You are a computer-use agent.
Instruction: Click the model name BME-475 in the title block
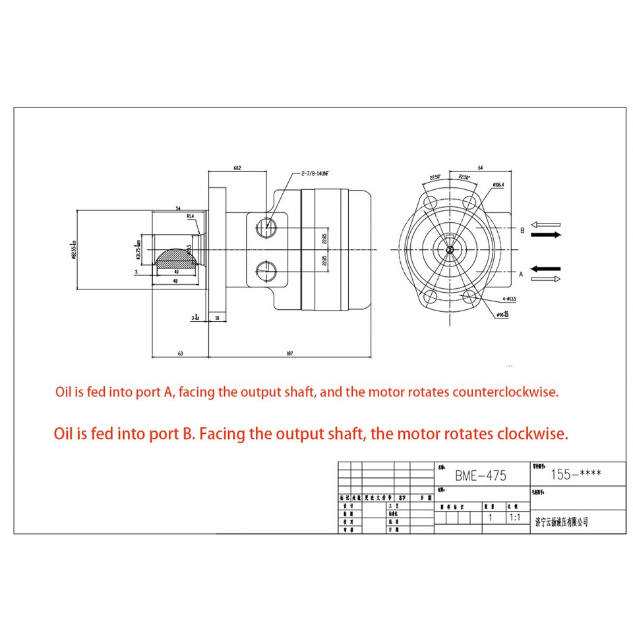[x=481, y=475]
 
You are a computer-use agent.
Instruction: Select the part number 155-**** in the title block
[x=575, y=473]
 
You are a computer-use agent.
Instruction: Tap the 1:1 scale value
[x=515, y=518]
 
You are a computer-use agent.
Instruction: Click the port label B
[x=522, y=230]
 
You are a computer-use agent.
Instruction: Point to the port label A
[x=522, y=273]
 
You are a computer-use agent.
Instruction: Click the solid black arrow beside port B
[x=546, y=235]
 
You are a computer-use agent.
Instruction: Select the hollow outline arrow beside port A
[x=546, y=279]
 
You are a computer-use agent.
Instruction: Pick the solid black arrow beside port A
[x=546, y=268]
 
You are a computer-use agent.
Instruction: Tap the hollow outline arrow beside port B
[x=546, y=224]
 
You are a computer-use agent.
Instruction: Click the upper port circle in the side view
[x=268, y=226]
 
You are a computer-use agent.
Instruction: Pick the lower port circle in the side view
[x=268, y=270]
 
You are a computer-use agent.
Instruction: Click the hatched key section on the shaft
[x=177, y=256]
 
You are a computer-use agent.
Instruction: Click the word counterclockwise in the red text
[x=505, y=392]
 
